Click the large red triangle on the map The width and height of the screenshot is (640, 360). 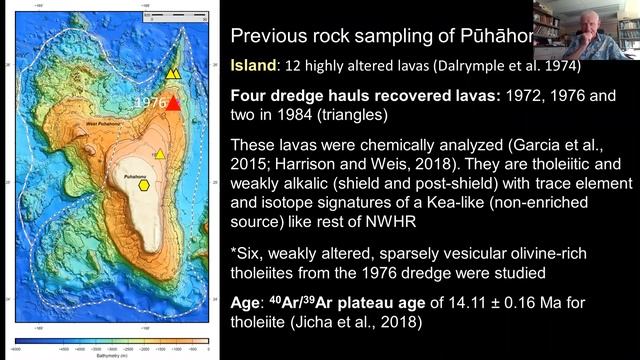175,104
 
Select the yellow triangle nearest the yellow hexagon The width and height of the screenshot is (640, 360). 160,154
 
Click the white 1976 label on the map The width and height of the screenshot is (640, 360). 150,103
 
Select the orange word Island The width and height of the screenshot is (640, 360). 256,69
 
